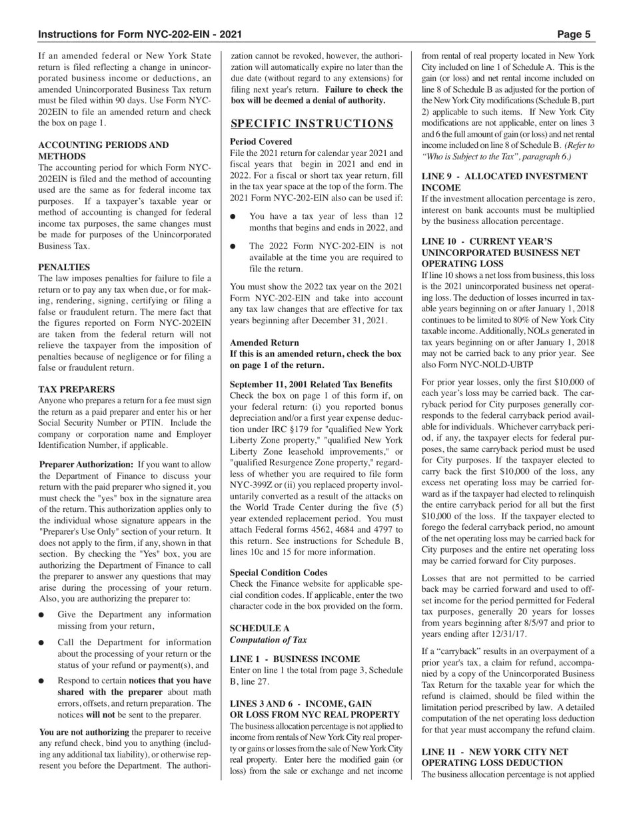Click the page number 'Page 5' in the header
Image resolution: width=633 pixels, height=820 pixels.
[x=574, y=35]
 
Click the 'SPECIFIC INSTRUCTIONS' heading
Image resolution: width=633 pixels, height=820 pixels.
[x=312, y=123]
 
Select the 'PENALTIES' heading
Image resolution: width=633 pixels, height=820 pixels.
[x=64, y=267]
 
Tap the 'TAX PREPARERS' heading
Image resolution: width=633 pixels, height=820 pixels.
[x=76, y=389]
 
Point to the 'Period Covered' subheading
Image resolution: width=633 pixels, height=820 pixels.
[x=261, y=142]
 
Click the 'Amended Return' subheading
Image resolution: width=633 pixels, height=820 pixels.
[x=265, y=343]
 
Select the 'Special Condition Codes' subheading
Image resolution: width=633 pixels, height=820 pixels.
[x=279, y=573]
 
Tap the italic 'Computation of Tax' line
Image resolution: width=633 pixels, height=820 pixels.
[x=269, y=640]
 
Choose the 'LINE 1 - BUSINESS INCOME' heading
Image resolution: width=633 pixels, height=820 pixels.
[x=295, y=659]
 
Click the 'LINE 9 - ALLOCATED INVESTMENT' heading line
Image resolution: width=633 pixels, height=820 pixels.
[x=504, y=177]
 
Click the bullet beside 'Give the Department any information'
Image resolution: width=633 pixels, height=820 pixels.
[x=42, y=615]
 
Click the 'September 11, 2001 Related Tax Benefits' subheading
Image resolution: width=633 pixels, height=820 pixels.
[x=311, y=385]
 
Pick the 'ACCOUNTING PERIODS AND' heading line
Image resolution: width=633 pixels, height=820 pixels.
[x=103, y=145]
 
